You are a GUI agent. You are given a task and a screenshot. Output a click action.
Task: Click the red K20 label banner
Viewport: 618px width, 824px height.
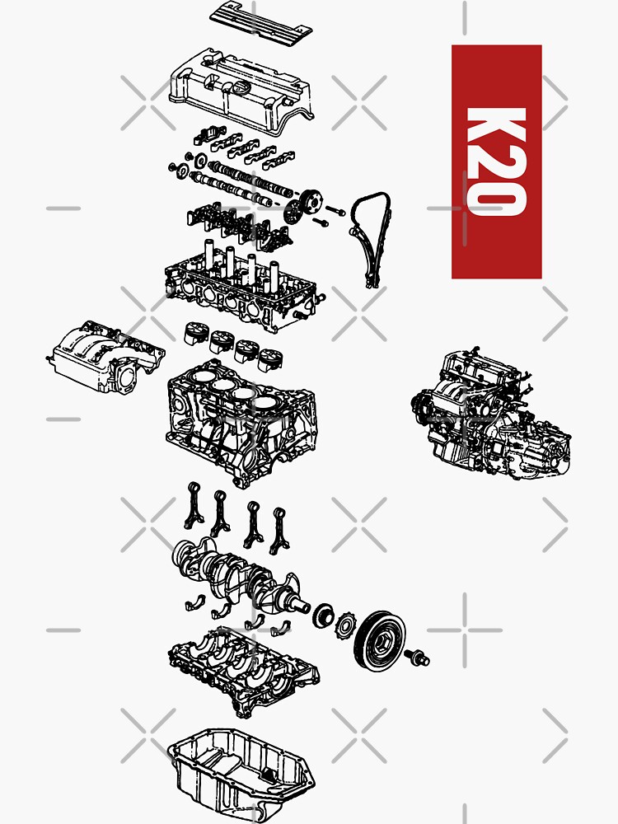[x=496, y=162]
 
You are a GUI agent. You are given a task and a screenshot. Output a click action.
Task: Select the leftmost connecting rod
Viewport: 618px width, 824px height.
[x=194, y=503]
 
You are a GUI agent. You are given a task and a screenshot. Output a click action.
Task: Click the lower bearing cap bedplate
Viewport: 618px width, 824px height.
[x=243, y=667]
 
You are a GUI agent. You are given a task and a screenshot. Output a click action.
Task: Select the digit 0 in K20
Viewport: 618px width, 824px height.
[x=496, y=198]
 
